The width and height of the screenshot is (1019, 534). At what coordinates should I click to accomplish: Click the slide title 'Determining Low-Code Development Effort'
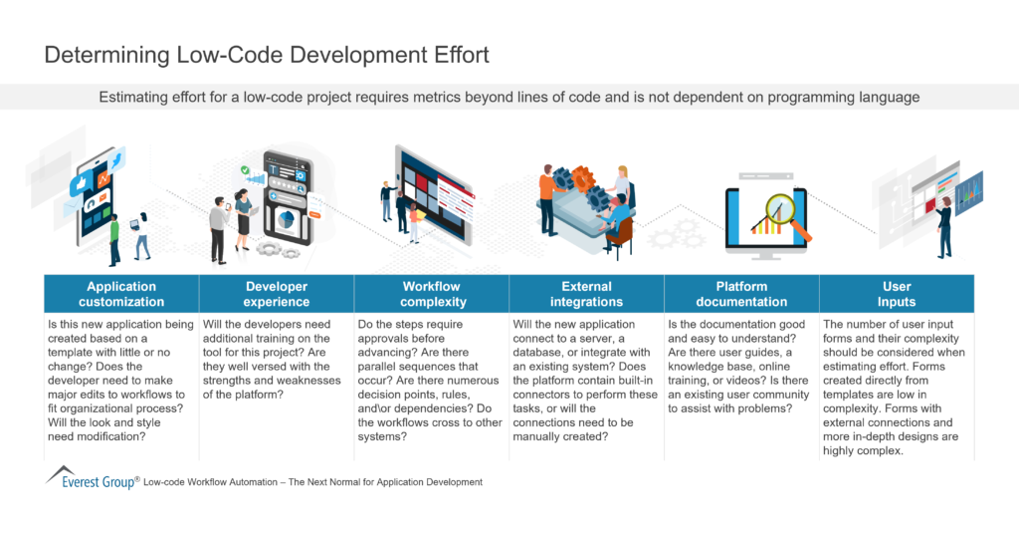click(x=267, y=55)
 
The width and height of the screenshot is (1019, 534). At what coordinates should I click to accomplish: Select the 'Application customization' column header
click(x=122, y=294)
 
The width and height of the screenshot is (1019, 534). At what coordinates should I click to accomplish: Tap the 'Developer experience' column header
click(x=277, y=294)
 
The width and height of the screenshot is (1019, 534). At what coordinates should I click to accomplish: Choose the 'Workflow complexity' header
click(x=431, y=294)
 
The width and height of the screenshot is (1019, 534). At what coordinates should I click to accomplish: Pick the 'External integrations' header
click(x=586, y=294)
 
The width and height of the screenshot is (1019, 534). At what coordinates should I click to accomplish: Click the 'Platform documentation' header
click(x=741, y=294)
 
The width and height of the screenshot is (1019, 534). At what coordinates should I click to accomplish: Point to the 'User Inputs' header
click(x=897, y=294)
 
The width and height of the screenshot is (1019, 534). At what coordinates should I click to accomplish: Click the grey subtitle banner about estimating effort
click(x=509, y=98)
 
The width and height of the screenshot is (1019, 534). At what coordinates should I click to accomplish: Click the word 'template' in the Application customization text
click(x=74, y=353)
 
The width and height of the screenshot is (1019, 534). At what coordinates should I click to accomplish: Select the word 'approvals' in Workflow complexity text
click(x=384, y=339)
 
